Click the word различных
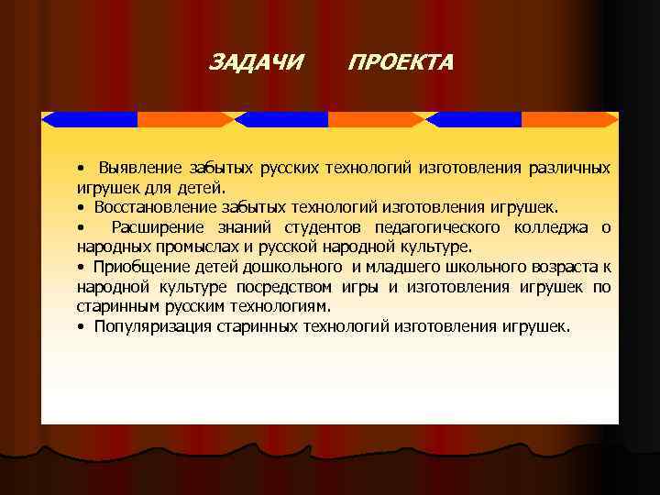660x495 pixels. (568, 169)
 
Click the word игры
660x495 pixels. (355, 287)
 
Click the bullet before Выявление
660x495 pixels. (82, 170)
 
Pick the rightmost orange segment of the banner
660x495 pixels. (568, 119)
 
